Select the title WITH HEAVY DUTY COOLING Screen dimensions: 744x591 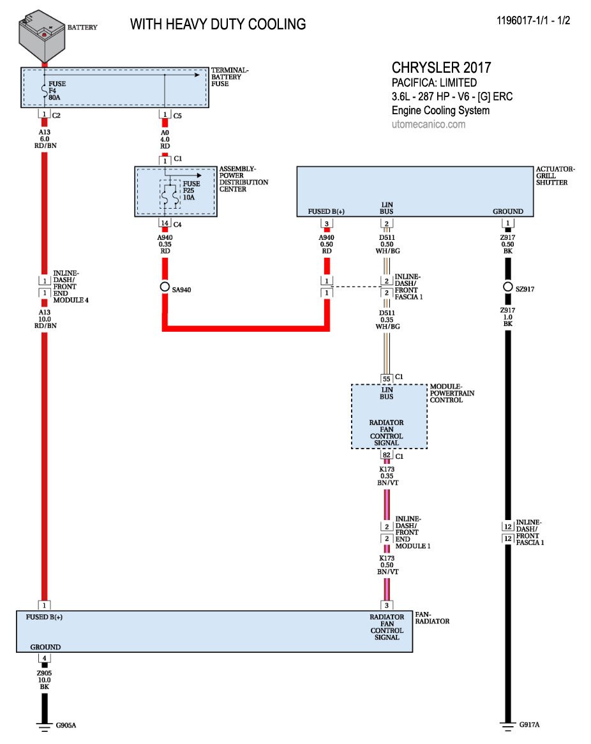(218, 24)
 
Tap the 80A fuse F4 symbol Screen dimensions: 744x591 (44, 92)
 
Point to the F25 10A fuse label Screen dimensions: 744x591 (190, 190)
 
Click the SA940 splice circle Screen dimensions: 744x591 (164, 286)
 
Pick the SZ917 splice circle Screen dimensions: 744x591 (508, 286)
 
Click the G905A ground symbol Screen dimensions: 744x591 (44, 724)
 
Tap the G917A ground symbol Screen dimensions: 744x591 (508, 724)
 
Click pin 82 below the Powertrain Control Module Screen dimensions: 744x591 (386, 456)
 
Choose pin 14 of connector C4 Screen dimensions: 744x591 (164, 223)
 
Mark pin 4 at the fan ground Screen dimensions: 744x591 (44, 658)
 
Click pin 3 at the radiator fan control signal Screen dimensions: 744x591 (386, 605)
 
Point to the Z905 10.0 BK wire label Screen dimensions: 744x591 (44, 680)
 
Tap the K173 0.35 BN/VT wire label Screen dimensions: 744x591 (386, 476)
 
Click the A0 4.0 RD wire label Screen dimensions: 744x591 (164, 138)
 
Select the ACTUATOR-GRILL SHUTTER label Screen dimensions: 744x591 (555, 176)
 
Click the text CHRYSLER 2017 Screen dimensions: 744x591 (441, 68)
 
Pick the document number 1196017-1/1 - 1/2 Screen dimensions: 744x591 (533, 20)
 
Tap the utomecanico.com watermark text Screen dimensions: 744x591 (428, 124)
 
